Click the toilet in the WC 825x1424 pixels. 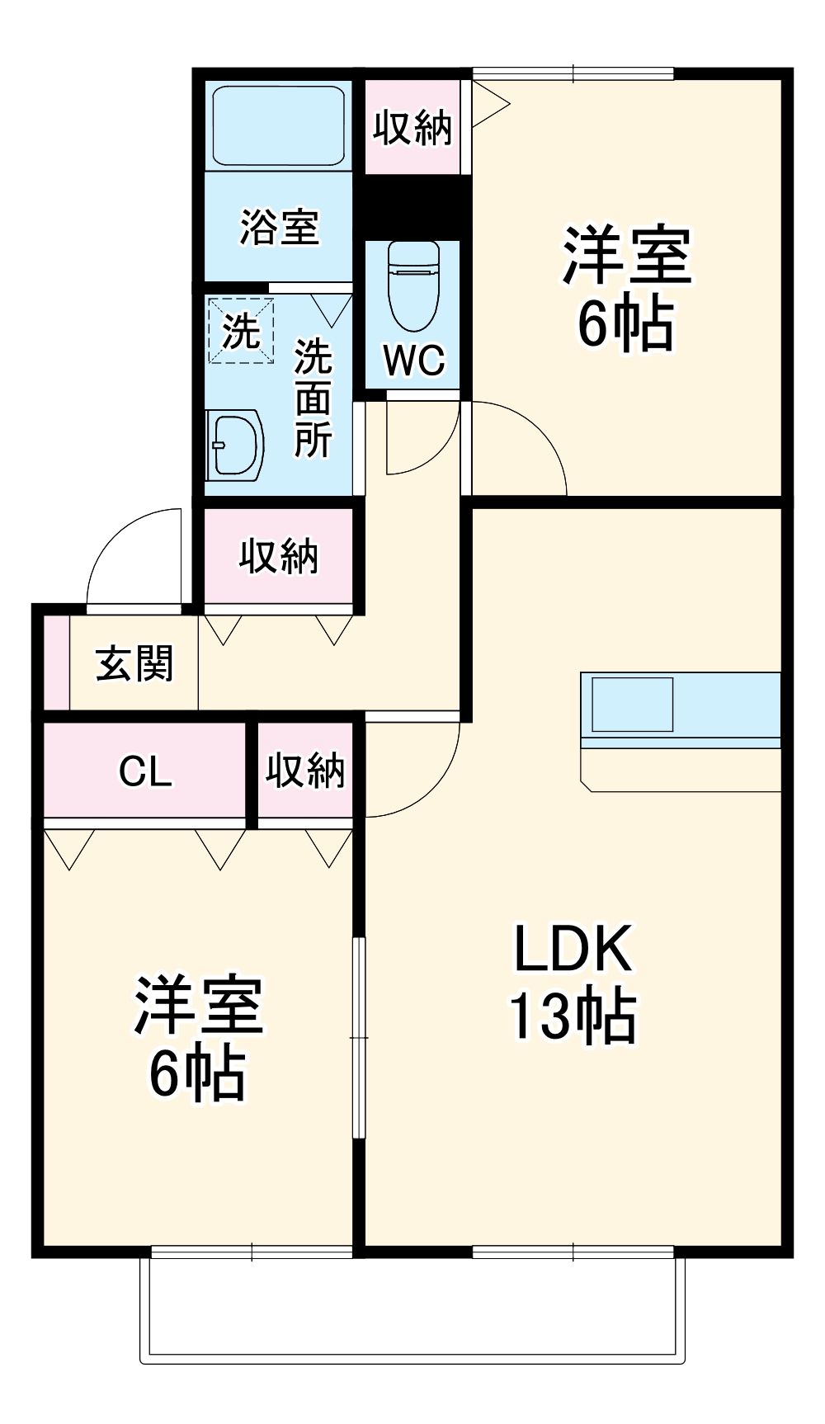coord(413,285)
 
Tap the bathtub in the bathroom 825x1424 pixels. coord(278,125)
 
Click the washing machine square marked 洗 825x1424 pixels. coord(241,331)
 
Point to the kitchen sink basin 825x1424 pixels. coord(632,704)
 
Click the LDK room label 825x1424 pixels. coord(573,949)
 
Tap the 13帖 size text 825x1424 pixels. coord(573,1016)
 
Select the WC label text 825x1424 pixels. coord(413,360)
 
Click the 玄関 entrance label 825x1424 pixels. coord(134,663)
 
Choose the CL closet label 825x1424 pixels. coord(145,771)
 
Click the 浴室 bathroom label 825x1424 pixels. coord(279,227)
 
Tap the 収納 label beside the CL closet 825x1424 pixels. coord(304,771)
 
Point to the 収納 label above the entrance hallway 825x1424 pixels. coord(278,556)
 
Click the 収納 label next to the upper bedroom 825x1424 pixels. coord(412,127)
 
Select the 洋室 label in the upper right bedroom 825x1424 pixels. coord(626,255)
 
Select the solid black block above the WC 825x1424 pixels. coord(412,205)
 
